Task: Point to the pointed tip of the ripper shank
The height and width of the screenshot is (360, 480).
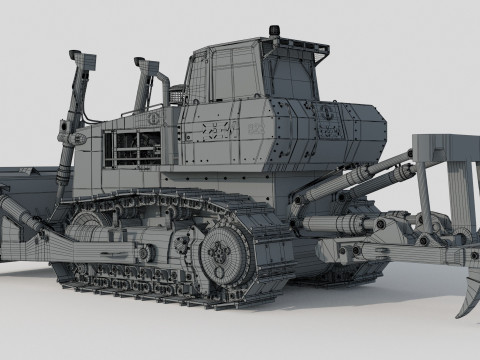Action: click(x=461, y=311)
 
